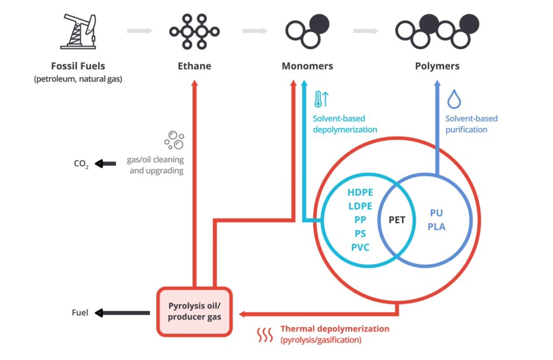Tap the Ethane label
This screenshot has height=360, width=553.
(194, 66)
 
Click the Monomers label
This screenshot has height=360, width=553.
(307, 66)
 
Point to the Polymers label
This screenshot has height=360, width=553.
(437, 66)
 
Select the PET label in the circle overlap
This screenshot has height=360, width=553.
(397, 220)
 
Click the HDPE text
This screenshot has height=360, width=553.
(361, 192)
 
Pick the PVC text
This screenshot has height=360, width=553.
(361, 248)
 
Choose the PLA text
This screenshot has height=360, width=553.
(436, 227)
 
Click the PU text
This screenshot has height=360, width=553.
(436, 213)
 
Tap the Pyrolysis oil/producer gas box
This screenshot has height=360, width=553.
(194, 311)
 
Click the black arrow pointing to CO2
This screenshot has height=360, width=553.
(106, 163)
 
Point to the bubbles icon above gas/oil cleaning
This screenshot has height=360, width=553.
(174, 140)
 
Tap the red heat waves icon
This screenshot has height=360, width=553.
(265, 335)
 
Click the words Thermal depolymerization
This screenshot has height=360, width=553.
(335, 329)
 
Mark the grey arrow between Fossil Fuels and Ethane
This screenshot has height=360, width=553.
(139, 31)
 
